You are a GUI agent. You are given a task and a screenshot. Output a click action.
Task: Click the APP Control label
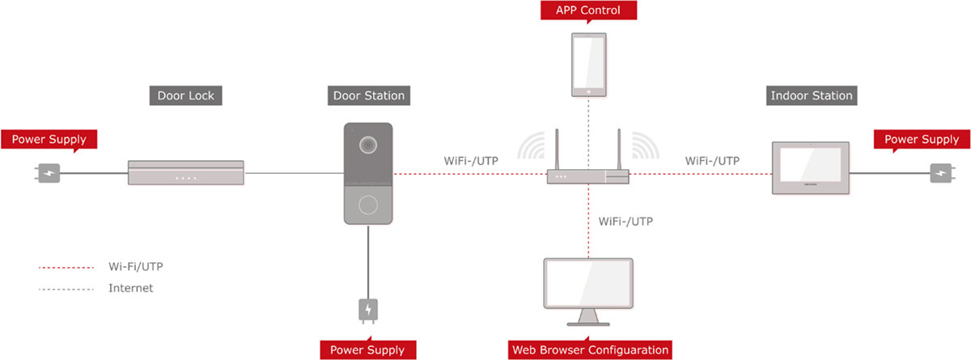click(588, 11)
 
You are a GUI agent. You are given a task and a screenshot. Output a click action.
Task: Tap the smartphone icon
click(588, 66)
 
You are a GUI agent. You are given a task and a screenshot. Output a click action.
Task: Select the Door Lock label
click(186, 95)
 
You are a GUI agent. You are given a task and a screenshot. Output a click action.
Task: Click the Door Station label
click(369, 95)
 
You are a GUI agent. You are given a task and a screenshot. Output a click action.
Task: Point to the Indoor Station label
click(811, 95)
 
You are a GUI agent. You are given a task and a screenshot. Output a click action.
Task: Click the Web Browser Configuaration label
click(591, 350)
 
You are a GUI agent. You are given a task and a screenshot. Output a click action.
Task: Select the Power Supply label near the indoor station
click(921, 139)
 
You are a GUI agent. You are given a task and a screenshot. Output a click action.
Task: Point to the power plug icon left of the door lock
click(49, 173)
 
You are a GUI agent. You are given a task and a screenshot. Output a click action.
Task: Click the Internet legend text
click(130, 287)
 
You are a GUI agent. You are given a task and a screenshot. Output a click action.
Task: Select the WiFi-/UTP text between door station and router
click(471, 160)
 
